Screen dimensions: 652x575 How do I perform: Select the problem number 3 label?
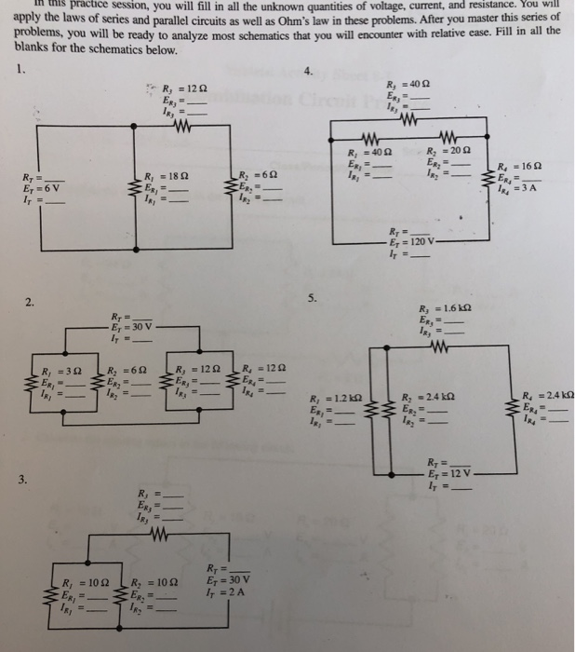[x=33, y=480]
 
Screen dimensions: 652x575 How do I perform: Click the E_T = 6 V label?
[x=36, y=186]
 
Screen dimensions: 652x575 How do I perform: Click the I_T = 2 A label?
[x=224, y=592]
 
